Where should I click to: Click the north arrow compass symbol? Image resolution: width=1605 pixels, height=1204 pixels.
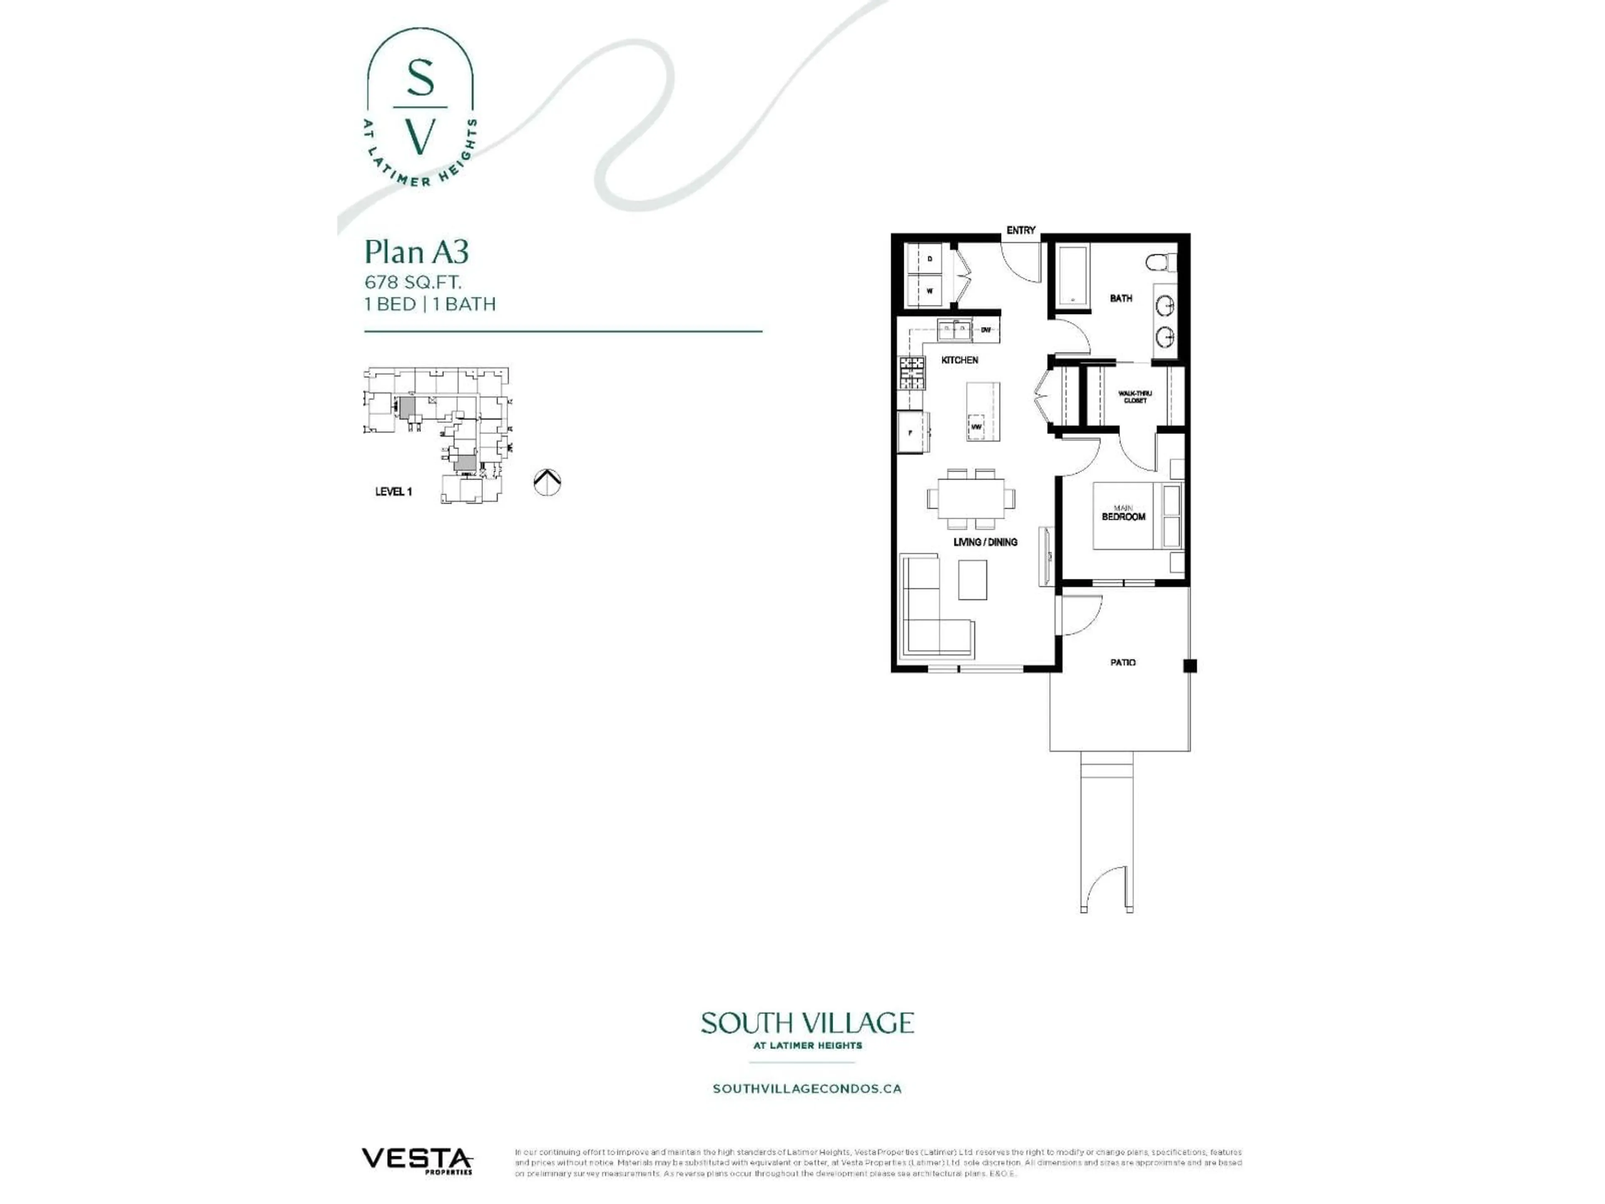(547, 482)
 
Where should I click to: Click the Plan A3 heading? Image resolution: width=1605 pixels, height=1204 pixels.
(416, 252)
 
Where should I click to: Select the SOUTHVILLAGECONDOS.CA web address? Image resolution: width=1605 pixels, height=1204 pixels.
(807, 1089)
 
